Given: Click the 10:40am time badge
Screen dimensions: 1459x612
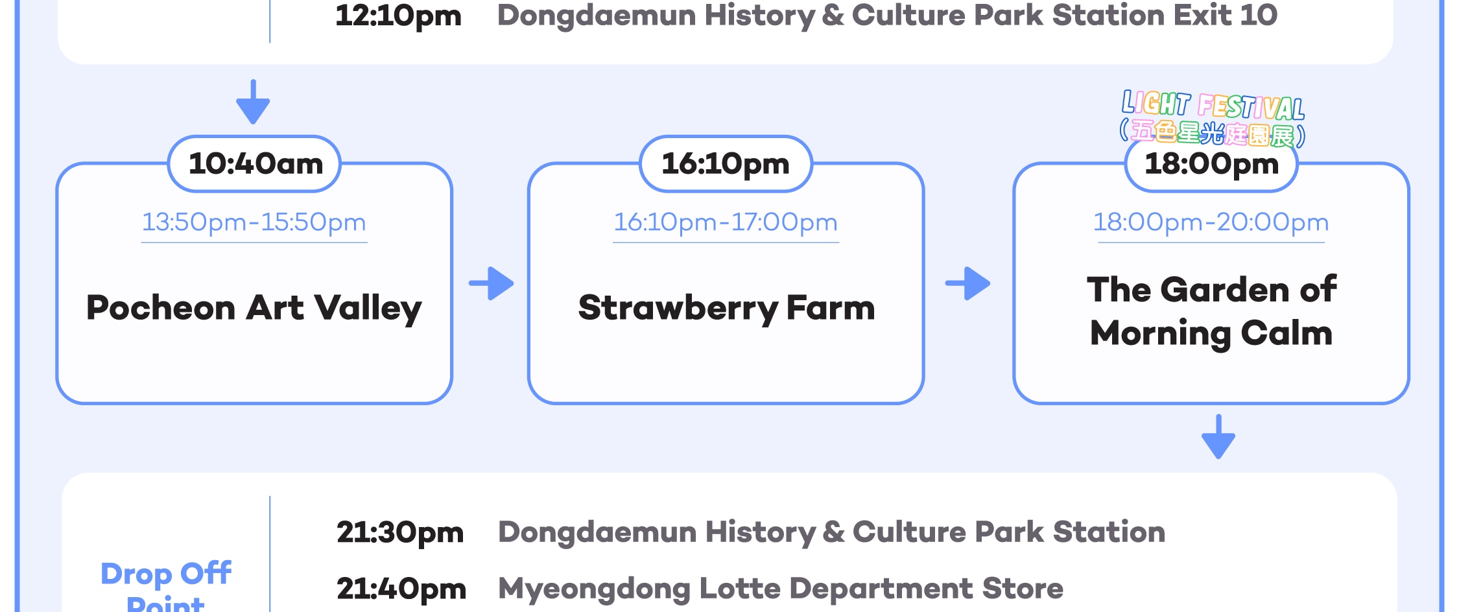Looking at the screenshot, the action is [255, 164].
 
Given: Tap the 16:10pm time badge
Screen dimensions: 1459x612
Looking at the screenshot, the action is [726, 164].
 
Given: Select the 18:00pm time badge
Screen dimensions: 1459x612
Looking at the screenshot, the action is [1211, 164].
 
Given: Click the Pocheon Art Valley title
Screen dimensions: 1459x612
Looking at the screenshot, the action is [254, 308].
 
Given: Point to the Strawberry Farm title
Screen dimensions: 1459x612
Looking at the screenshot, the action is [726, 308].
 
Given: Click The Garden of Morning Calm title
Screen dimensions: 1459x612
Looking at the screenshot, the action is [1211, 311].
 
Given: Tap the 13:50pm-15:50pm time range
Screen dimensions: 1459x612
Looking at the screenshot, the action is [254, 222].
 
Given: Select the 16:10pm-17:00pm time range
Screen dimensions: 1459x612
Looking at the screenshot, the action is [726, 222].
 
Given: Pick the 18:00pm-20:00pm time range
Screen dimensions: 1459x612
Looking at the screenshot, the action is [1211, 222].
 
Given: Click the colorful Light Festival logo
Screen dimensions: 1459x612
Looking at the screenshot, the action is [1213, 118].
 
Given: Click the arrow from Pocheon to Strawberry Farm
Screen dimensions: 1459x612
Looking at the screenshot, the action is [492, 283].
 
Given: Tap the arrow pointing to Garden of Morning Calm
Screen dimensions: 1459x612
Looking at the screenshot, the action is [967, 283].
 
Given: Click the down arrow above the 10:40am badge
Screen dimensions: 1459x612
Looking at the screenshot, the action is [253, 102].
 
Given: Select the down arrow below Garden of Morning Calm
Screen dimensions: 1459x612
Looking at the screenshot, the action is [1218, 436].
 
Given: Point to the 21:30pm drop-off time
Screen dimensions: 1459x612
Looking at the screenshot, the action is [400, 533].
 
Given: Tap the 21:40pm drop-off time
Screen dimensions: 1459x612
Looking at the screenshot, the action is [401, 589].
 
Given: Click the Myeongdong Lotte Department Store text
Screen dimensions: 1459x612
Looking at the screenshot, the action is [781, 589].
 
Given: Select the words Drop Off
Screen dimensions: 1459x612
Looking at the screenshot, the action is [166, 574].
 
